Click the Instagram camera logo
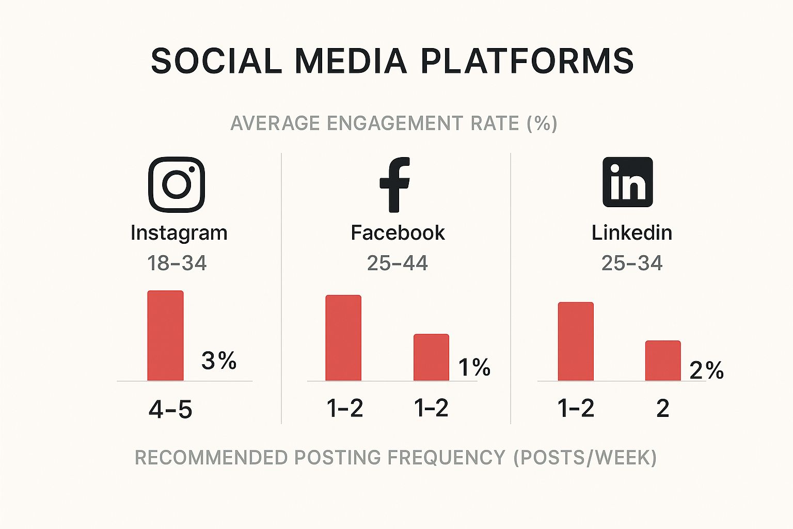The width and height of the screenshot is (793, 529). coord(177,184)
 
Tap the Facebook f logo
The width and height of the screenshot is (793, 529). coord(395,184)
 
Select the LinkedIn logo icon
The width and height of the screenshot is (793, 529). coord(628,182)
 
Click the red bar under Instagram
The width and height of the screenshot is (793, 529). coord(166,336)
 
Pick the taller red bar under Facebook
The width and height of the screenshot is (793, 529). coord(343,338)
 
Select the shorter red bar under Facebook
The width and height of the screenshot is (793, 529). coord(432,357)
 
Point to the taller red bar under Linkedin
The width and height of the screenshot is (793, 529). coord(576,341)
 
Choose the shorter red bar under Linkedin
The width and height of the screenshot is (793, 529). coord(663,361)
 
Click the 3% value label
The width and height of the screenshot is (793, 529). coord(219,361)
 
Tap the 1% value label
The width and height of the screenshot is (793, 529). coord(474,367)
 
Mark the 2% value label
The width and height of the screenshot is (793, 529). coord(707,370)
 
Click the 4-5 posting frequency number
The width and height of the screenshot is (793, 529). coord(170,410)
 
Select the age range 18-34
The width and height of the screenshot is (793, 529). coord(177,263)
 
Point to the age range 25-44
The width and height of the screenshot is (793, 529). coord(397,263)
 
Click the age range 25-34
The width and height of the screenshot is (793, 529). coord(632,263)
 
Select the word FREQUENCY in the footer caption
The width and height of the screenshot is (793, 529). coord(446,458)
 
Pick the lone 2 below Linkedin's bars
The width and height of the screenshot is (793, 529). coord(663,409)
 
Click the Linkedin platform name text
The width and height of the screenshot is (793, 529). coord(632,233)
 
